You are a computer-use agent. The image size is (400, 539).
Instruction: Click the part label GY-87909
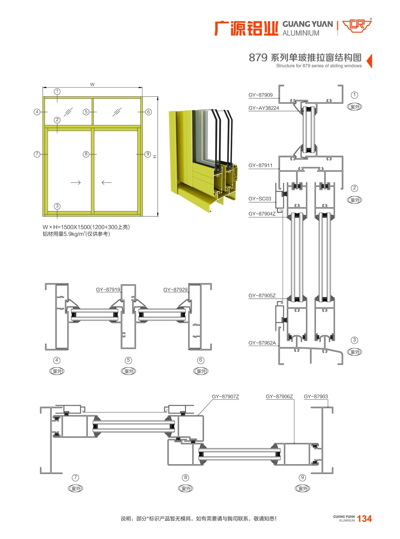click(x=260, y=95)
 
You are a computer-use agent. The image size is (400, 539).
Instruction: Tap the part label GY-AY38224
click(x=264, y=108)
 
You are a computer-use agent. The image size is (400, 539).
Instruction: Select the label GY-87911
click(x=260, y=165)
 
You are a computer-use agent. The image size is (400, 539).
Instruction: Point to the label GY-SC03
click(x=260, y=199)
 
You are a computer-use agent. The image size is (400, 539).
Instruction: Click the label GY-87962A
click(x=262, y=343)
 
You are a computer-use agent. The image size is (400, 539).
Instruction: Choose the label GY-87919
click(x=108, y=289)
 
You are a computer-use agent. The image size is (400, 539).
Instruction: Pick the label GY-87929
click(x=175, y=289)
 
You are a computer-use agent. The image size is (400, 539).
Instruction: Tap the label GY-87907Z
click(x=225, y=397)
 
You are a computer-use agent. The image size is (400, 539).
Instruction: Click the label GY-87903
click(x=316, y=397)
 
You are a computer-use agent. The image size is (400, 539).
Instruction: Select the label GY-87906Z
click(x=279, y=397)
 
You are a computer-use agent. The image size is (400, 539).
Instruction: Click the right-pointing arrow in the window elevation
click(x=76, y=182)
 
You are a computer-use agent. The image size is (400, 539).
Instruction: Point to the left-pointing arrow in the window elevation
click(x=107, y=182)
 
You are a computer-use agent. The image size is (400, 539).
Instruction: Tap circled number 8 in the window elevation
click(x=86, y=154)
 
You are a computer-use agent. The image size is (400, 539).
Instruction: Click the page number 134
click(x=364, y=519)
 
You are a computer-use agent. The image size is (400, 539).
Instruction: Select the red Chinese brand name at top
click(x=246, y=28)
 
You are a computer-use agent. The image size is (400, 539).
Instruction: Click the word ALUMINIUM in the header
click(x=301, y=33)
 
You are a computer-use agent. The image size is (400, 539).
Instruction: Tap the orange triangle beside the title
click(x=369, y=61)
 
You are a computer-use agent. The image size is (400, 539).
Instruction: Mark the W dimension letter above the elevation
click(x=92, y=84)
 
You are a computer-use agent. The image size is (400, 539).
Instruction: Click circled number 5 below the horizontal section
click(x=128, y=360)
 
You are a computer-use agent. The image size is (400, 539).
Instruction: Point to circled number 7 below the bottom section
click(x=76, y=477)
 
